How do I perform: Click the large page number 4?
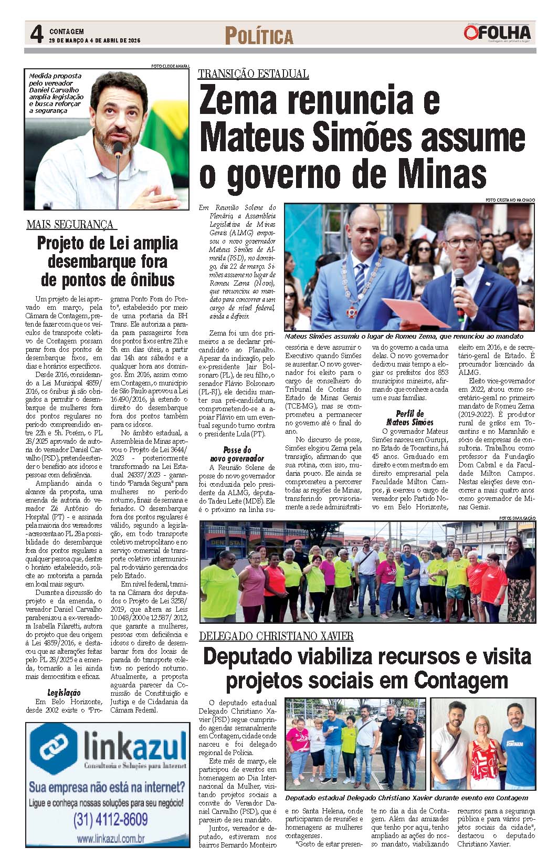click(36, 35)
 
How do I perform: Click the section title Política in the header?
click(259, 36)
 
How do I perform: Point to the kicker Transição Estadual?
click(253, 74)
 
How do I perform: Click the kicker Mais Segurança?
click(70, 225)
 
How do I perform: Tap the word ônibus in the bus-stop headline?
click(143, 279)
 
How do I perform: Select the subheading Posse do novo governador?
click(236, 454)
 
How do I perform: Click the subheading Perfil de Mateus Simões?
click(409, 418)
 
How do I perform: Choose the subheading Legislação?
click(64, 693)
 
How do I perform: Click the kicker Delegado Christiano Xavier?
click(276, 636)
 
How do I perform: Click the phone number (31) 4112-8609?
click(111, 819)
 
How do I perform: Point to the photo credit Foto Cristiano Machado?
click(510, 200)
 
